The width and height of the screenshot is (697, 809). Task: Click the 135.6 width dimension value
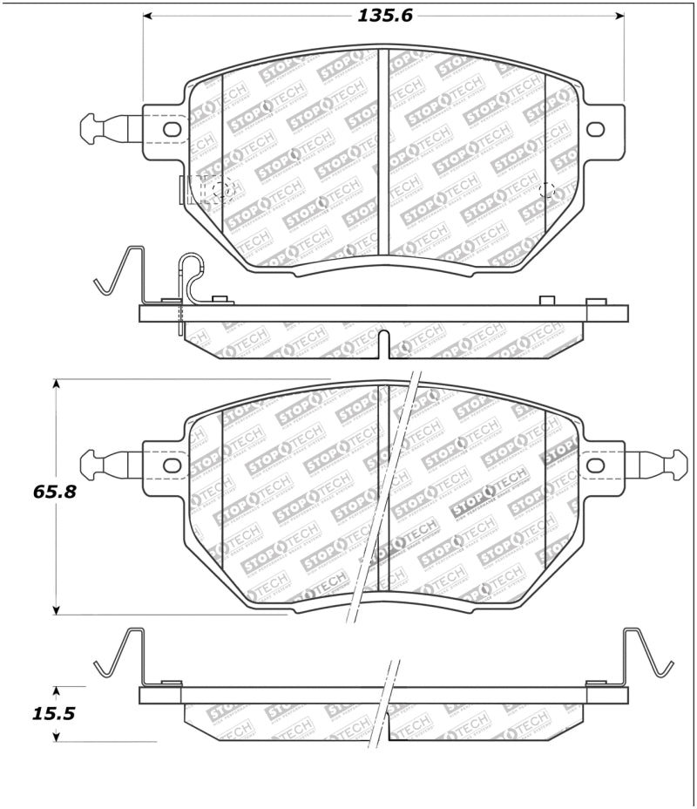click(383, 16)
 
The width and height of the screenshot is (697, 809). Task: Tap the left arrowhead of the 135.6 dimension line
click(148, 16)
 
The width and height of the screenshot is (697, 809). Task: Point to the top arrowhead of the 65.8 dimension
click(57, 384)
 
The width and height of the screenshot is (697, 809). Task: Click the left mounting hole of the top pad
click(172, 129)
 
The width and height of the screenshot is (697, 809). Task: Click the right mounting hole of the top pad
click(595, 129)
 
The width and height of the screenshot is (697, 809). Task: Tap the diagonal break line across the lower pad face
click(383, 497)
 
